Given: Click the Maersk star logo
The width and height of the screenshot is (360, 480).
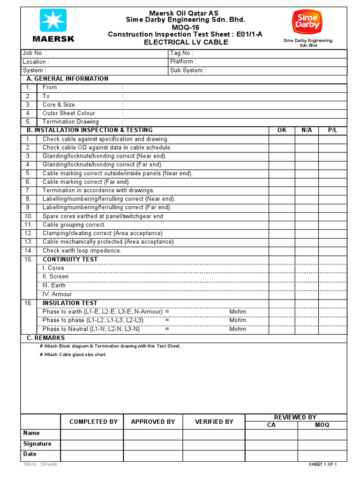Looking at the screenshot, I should point(53,21).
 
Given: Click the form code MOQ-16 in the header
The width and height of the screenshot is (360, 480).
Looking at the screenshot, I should point(185,27).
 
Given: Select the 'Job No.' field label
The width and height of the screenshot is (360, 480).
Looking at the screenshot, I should point(35,53).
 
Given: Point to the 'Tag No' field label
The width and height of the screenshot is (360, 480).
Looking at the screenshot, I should point(181,53).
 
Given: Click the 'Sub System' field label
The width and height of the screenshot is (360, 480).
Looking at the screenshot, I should point(187,70).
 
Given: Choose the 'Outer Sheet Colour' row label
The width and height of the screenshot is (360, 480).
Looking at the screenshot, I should point(68,113).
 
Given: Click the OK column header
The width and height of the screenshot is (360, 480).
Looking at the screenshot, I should point(282,130).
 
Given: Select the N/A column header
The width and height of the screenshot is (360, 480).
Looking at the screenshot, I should point(307,130).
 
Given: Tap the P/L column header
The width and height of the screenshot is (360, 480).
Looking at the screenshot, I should point(333,130).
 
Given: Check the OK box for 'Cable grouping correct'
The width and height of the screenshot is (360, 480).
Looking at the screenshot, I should point(282,225).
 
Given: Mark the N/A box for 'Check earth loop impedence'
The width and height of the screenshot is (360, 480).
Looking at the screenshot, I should point(307,250).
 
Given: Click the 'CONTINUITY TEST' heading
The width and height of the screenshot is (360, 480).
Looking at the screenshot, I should point(70,259).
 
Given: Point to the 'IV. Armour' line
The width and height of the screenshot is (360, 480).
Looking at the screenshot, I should point(57,294).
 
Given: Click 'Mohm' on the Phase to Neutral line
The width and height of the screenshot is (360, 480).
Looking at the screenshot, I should point(238,329).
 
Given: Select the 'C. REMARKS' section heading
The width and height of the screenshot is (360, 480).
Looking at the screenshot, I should point(45,338).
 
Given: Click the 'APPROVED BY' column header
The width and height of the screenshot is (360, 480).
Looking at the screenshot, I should point(153,421).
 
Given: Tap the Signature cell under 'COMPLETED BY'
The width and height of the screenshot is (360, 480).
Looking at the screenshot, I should point(92,444).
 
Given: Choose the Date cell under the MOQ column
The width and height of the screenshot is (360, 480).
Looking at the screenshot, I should point(322,454).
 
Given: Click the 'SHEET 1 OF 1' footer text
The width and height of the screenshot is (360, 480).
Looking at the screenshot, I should point(323,465).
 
